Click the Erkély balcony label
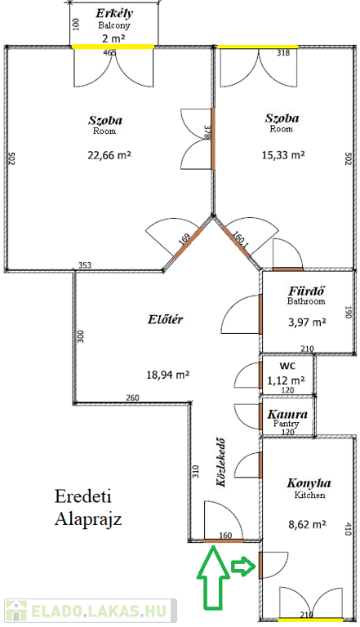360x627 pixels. (114, 14)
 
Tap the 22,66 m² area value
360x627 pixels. (109, 155)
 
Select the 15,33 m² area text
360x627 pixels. (283, 155)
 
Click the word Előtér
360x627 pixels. (165, 319)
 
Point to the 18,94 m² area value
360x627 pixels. (167, 375)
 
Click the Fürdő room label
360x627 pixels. (306, 291)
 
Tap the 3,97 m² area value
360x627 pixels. (307, 322)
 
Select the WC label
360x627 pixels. (287, 366)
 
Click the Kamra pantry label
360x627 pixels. (287, 414)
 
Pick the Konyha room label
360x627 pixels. (309, 483)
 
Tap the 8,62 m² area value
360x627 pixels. (307, 524)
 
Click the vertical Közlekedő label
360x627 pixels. (220, 463)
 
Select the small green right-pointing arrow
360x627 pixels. (243, 567)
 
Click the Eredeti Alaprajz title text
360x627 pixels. (88, 508)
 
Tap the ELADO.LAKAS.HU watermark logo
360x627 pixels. (91, 611)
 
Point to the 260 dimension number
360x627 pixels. (132, 398)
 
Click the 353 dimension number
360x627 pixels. (84, 265)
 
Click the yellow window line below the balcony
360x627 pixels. (113, 47)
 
